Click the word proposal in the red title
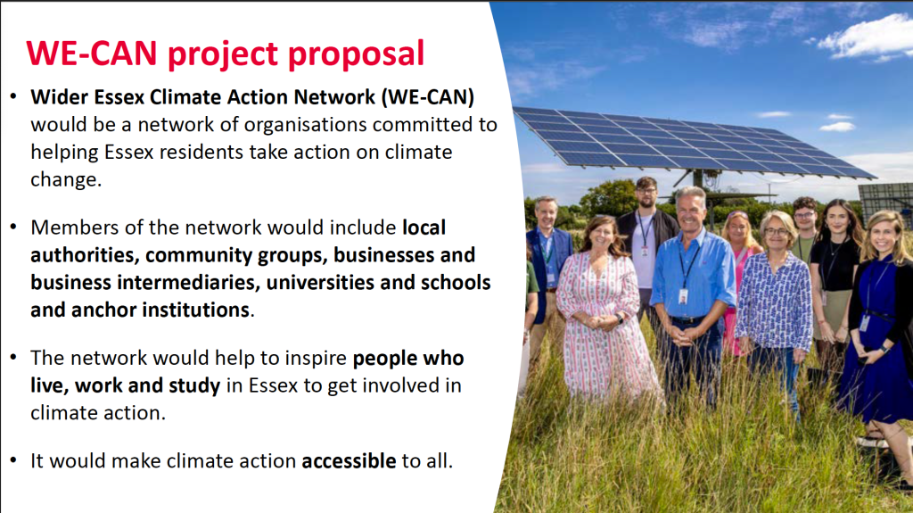coord(357,54)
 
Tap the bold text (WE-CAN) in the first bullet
coord(428,96)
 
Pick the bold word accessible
coord(349,460)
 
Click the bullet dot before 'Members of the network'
coord(13,227)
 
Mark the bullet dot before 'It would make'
coord(13,460)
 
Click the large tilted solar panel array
coord(693,143)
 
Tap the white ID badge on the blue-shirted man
coord(683,296)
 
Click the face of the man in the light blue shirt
coord(691,212)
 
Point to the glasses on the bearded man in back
coord(646,191)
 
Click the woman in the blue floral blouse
coord(775,303)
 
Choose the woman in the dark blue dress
coord(876,327)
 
